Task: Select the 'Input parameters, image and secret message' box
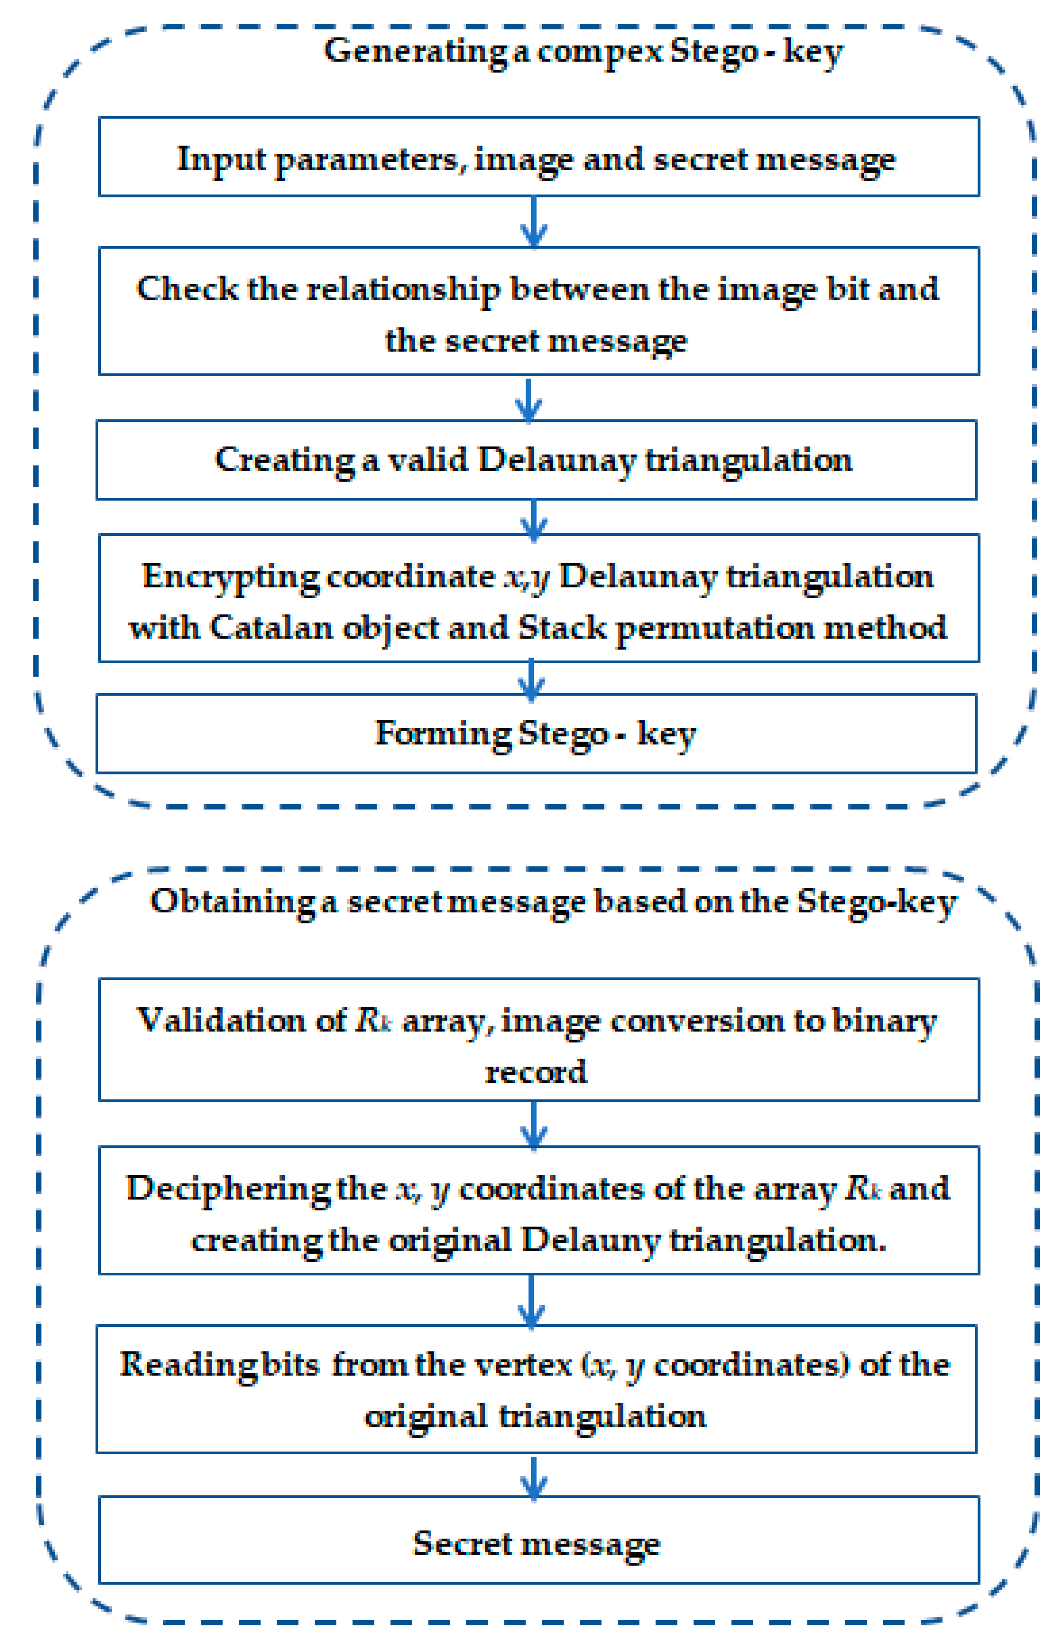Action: coord(539,157)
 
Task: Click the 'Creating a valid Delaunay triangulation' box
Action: coord(536,460)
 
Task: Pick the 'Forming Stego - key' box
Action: coord(536,733)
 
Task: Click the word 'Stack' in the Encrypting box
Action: coord(562,628)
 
